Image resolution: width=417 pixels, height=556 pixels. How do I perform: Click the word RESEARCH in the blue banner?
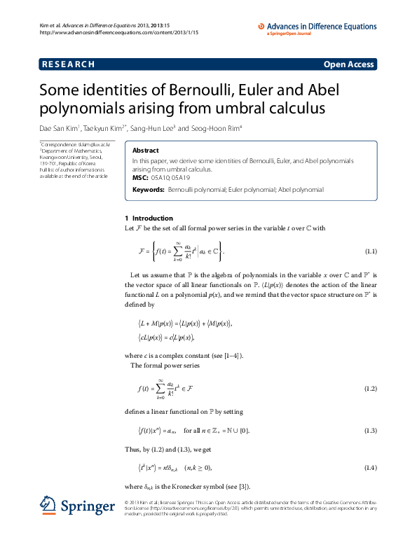(x=68, y=64)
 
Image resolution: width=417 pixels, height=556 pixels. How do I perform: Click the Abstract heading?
(x=146, y=151)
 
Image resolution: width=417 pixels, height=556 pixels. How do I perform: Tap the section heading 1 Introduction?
(x=143, y=218)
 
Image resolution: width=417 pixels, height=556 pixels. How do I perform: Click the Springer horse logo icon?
(x=47, y=506)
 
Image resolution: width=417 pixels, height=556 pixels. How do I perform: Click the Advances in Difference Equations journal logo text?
(x=323, y=27)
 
